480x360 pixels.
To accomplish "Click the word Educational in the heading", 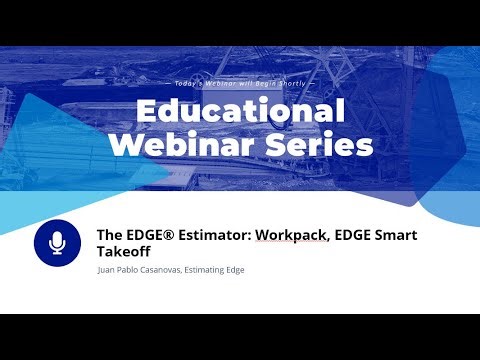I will (240, 110).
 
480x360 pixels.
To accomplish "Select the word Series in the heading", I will (318, 145).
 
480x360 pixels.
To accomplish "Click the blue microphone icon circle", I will (57, 243).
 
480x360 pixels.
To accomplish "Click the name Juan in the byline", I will (107, 270).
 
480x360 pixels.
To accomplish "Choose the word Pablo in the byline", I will (134, 270).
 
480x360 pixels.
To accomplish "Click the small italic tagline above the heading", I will (240, 82).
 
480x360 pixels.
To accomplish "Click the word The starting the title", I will (108, 236).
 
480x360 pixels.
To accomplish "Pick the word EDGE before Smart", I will (350, 236).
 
